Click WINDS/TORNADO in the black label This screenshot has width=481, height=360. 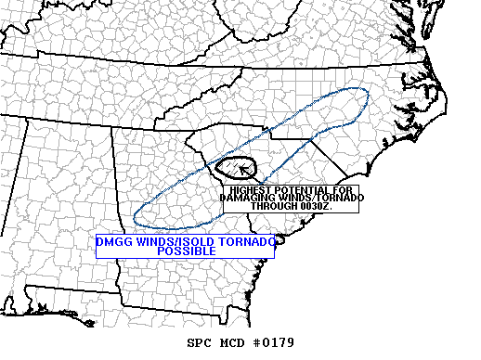click(x=319, y=198)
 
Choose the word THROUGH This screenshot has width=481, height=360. click(x=277, y=205)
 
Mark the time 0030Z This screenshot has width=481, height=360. click(x=318, y=205)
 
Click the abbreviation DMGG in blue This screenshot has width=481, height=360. click(x=113, y=242)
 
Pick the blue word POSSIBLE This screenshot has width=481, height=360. click(x=186, y=251)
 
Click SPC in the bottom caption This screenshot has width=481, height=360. click(x=199, y=342)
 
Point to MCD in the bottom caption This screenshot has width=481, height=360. click(x=228, y=342)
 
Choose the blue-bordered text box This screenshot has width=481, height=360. click(x=185, y=246)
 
